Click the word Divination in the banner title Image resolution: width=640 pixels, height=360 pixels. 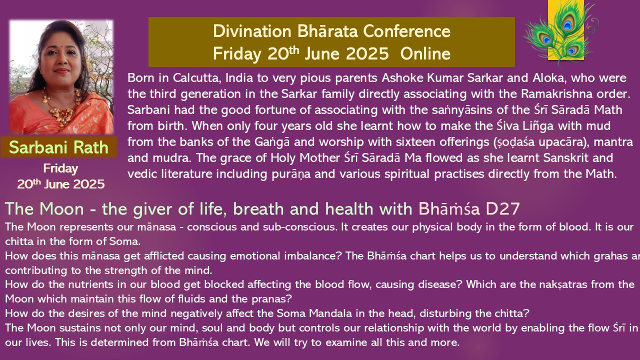[252, 31]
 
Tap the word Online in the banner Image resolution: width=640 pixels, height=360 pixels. [425, 53]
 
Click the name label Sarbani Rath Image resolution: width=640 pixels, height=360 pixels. [58, 147]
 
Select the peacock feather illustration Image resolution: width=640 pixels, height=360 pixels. [561, 32]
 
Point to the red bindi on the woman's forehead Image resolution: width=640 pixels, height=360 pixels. [61, 44]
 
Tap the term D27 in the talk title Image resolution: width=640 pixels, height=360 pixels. [502, 209]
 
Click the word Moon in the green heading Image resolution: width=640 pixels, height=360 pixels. [61, 209]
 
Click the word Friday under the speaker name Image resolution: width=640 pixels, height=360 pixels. [60, 169]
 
